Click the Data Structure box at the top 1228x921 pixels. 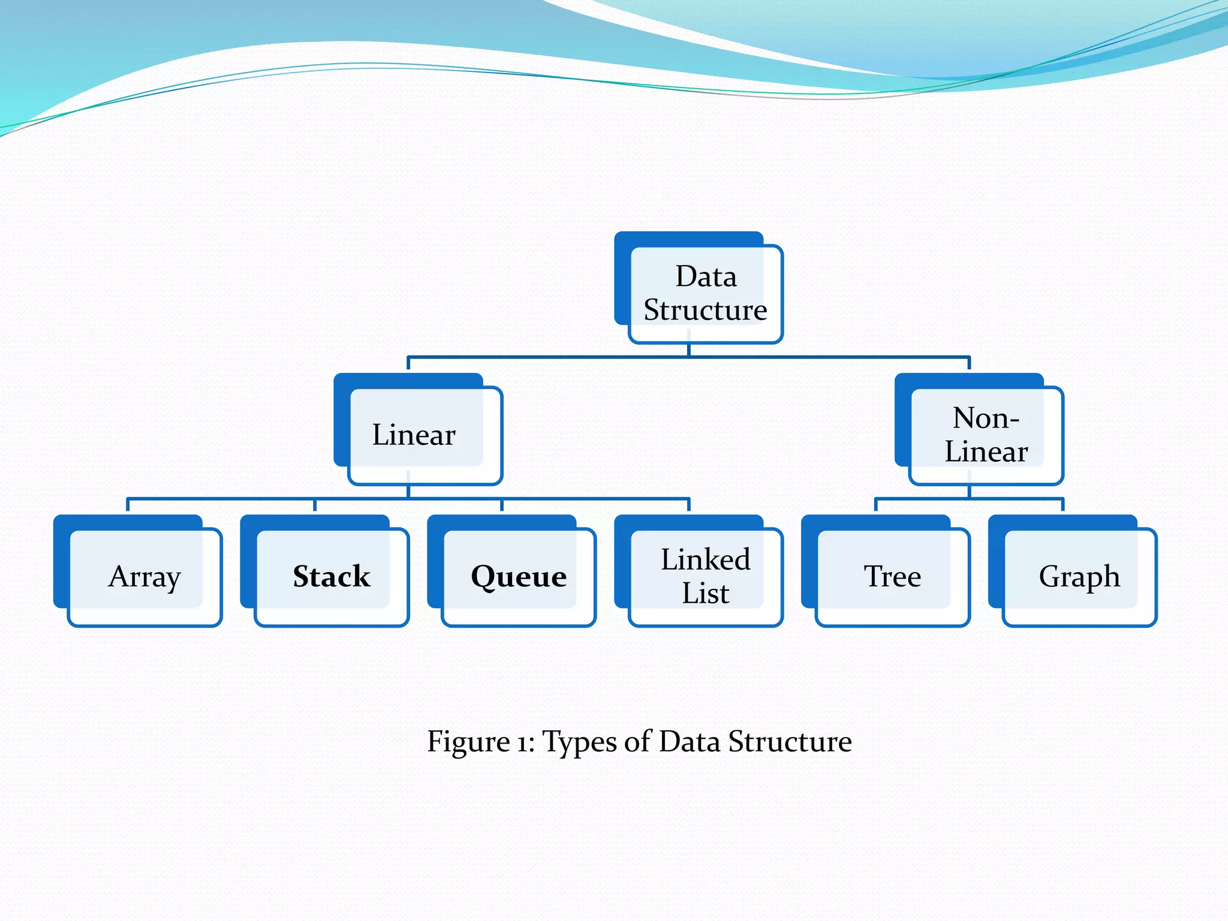click(705, 293)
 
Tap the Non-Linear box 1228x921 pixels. click(986, 435)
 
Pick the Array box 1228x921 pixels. click(145, 576)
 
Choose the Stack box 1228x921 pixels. click(332, 576)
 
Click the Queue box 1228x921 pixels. click(519, 576)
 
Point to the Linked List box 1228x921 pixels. click(705, 576)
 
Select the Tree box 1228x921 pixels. click(892, 576)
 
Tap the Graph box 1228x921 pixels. click(1079, 576)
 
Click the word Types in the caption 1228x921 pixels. click(579, 742)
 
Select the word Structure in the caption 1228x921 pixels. click(790, 742)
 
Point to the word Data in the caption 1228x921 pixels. click(690, 742)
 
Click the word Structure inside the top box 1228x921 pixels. click(705, 310)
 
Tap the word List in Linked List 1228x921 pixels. click(705, 593)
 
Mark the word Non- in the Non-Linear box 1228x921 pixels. click(986, 418)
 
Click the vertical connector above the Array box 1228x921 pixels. click(128, 505)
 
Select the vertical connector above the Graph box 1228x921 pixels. click(1063, 505)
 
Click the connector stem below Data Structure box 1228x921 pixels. click(688, 350)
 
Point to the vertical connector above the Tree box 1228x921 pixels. click(876, 505)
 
